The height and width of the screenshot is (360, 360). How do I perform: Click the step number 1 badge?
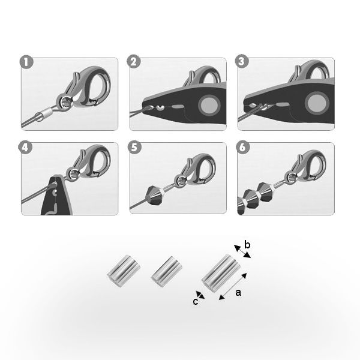coord(26,62)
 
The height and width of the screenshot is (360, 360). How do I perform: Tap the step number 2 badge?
coord(134,62)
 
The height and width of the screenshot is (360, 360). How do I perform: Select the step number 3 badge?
coord(242,61)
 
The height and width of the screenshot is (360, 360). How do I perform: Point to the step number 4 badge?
coord(25,148)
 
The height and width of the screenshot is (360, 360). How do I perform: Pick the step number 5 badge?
coord(134,148)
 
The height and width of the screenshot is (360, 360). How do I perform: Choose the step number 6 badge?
coord(243,148)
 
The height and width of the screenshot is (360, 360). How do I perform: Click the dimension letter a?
coord(238,293)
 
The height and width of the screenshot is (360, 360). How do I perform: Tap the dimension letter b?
coord(247,245)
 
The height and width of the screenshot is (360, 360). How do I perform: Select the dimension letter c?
coord(195,302)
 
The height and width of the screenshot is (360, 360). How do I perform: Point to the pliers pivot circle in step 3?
coord(317,103)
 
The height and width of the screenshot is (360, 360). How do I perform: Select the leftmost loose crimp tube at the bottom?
coord(124,271)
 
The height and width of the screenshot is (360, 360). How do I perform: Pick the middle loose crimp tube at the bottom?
coord(166,272)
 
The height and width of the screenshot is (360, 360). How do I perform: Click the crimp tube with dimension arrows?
coord(221,273)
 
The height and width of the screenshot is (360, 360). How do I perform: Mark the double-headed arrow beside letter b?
coord(242,251)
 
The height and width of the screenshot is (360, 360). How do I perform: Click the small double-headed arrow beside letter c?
coord(200,295)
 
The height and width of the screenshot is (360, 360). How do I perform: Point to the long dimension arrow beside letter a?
coord(233,286)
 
